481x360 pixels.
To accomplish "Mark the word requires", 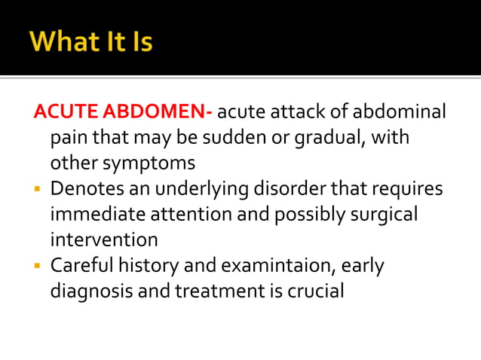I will (408, 188).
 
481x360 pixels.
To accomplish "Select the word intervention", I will (104, 240).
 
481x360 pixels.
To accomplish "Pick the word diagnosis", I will (91, 291).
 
